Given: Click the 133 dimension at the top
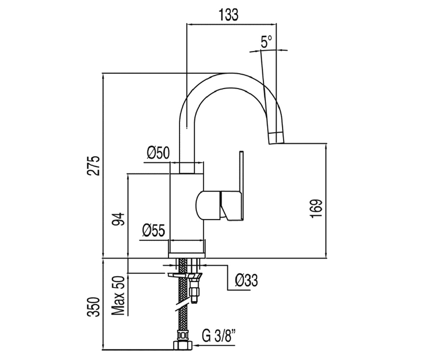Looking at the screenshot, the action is pos(228,15).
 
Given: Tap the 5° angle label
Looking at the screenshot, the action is pos(266,41).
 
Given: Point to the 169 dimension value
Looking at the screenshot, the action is pos(316,208).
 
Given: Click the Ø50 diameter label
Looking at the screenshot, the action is pos(158,153).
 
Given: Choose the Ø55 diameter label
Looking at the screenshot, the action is pos(153,230).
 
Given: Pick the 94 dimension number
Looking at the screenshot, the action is pos(118,219).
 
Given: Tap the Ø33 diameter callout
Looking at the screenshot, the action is pos(246,280).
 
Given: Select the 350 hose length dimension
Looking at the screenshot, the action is pos(93,307).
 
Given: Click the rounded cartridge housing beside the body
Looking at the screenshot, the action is pos(208,205).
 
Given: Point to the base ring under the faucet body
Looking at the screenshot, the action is pos(187,255).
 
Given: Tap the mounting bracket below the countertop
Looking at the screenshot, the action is pos(185,276).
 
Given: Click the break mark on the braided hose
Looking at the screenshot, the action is pos(182,306).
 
